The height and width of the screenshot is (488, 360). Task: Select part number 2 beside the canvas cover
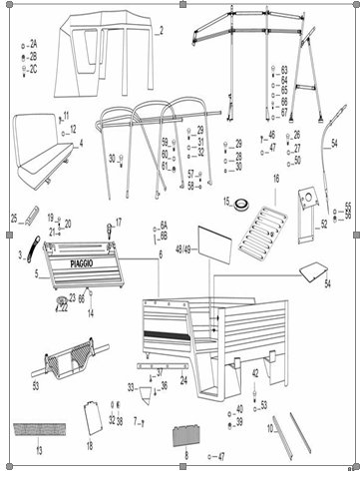pos(161,30)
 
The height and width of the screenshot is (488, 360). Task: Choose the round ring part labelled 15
pos(240,203)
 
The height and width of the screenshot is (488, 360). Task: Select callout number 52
pos(323,225)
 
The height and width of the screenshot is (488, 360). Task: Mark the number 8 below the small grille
pos(184,454)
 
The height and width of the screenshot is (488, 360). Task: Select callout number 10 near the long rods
pos(272,427)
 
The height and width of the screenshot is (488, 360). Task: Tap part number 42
pos(254,373)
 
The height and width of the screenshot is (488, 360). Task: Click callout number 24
pos(182,380)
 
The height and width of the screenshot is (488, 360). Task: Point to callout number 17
pos(119,222)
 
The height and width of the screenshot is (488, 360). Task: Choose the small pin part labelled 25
pos(31,214)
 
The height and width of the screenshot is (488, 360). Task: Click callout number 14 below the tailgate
pos(90,313)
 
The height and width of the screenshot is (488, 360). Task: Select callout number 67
pos(284,112)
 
